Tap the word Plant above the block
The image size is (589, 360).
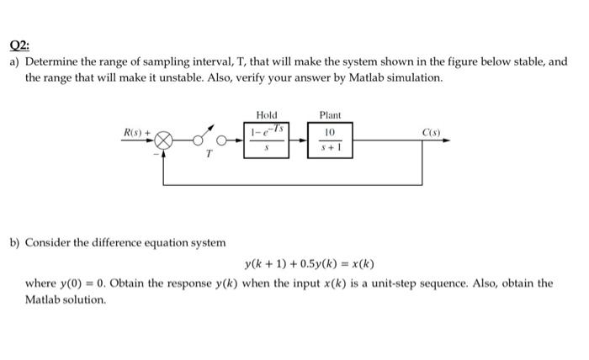pyautogui.click(x=329, y=115)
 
